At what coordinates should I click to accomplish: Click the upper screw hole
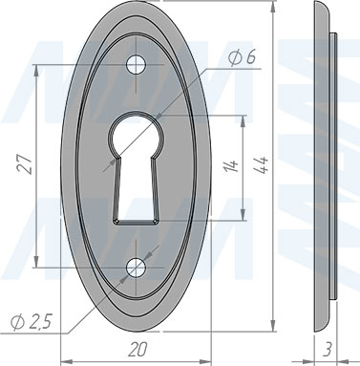pos(136,65)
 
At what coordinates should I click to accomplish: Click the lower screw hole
pos(136,268)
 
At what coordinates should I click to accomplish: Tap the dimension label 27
pos(26,164)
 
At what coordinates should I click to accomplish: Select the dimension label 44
pos(262,164)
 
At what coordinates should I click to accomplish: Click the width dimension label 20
pos(138,350)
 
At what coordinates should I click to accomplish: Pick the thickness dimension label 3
pos(328,349)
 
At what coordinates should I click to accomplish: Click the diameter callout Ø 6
pos(242,58)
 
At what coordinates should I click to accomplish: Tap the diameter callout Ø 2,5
pos(31,323)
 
